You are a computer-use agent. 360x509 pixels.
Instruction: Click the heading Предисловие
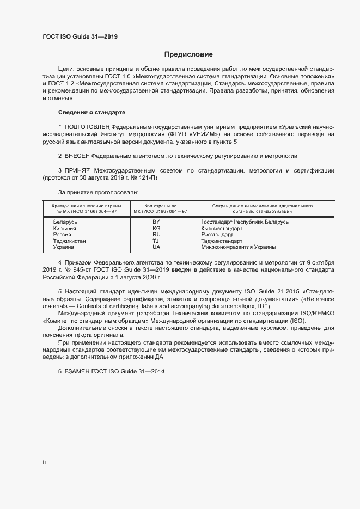(x=188, y=54)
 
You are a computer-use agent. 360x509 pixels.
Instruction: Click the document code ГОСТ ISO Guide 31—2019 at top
(x=80, y=37)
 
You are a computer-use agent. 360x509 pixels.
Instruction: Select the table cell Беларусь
(x=65, y=222)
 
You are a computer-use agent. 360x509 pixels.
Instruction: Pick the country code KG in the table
(x=156, y=229)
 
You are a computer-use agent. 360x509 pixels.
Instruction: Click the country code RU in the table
(x=156, y=235)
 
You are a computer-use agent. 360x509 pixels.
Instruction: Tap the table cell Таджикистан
(x=70, y=241)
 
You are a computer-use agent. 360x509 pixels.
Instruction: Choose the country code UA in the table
(x=156, y=247)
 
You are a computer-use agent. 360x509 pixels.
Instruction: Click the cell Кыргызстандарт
(x=222, y=229)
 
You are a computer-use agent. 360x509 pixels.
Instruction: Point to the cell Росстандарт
(x=216, y=235)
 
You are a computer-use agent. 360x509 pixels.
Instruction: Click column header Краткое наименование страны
(x=86, y=206)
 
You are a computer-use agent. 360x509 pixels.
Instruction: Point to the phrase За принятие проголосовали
(x=98, y=192)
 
